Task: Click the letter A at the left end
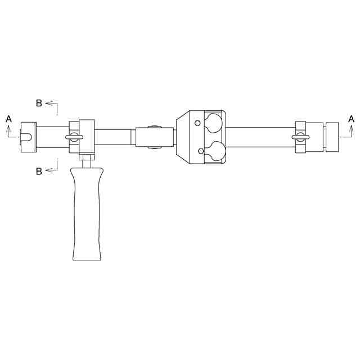(x=8, y=119)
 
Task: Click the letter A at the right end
(x=351, y=119)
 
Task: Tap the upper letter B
(x=39, y=103)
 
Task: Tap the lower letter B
(x=39, y=171)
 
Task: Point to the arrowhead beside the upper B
(x=49, y=103)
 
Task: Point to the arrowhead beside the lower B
(x=49, y=170)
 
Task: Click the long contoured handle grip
(x=87, y=214)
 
